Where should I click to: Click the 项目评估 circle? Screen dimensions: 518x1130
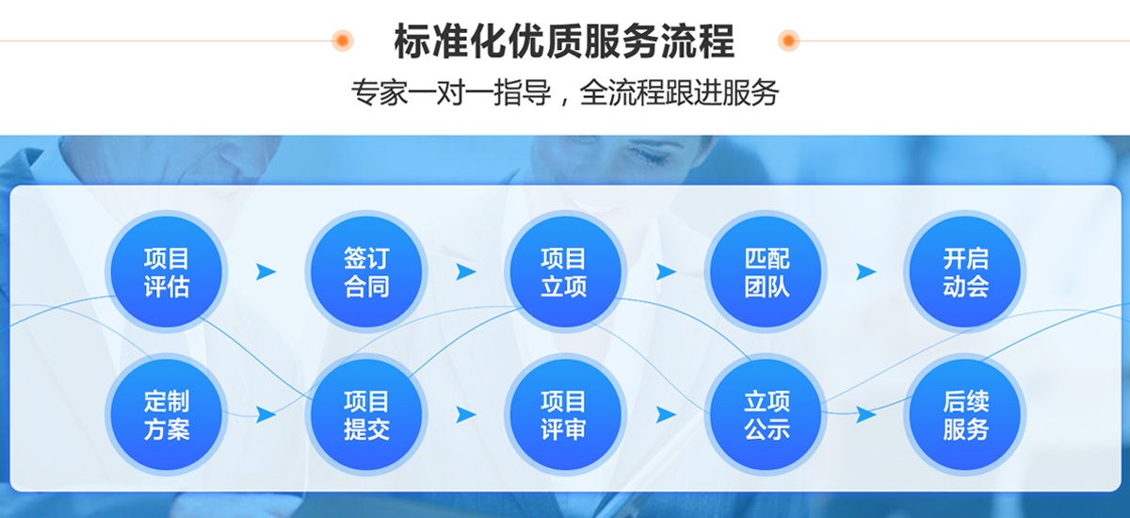click(x=167, y=271)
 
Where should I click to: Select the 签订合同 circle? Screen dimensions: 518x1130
click(x=366, y=271)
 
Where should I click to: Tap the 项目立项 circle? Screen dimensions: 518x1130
click(x=565, y=271)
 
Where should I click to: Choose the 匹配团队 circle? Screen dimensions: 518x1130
click(x=765, y=271)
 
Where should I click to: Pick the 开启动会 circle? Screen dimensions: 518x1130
click(x=965, y=271)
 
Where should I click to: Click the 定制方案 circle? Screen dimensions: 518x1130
click(x=167, y=414)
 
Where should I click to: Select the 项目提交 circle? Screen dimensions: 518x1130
click(x=366, y=414)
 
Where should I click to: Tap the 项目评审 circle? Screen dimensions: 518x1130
click(x=565, y=414)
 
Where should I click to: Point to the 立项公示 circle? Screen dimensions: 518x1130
click(x=765, y=414)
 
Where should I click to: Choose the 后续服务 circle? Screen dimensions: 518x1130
click(x=965, y=414)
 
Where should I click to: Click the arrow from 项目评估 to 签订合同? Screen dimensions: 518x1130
click(x=266, y=272)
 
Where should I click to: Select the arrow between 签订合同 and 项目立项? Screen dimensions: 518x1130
click(x=465, y=272)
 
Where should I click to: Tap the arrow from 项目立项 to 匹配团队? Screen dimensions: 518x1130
click(x=666, y=272)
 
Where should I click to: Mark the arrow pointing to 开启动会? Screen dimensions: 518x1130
click(x=865, y=272)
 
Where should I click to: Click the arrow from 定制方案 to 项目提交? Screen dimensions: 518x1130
click(x=266, y=414)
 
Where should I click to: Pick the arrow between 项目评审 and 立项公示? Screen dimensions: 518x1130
click(x=666, y=414)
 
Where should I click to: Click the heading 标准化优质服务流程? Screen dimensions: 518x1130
click(x=564, y=40)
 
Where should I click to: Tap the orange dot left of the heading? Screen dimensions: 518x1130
click(x=342, y=40)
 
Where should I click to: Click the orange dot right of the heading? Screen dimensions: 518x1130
click(x=788, y=40)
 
